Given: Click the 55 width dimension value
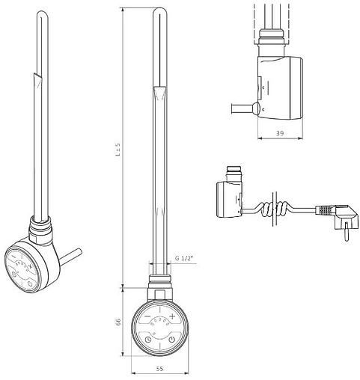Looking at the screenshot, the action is tap(159, 368).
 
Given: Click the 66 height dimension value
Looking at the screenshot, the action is tap(118, 322).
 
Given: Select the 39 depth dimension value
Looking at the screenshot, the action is tap(280, 133).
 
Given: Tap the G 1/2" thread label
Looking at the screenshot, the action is tap(184, 258).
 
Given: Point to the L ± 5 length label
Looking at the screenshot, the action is tap(118, 150).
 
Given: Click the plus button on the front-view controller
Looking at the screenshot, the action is tap(172, 316).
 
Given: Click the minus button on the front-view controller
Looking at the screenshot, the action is tap(147, 316).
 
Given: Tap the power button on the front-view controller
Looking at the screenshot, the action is tap(171, 340).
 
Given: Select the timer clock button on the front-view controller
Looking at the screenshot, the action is tap(148, 340).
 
